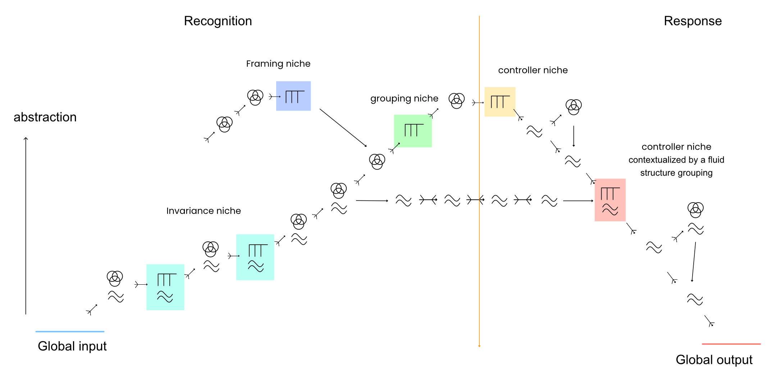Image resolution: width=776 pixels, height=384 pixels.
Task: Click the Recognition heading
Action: pyautogui.click(x=218, y=21)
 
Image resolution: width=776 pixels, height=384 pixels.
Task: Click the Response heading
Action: pyautogui.click(x=693, y=21)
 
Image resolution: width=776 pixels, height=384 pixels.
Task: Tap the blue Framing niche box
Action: pyautogui.click(x=293, y=96)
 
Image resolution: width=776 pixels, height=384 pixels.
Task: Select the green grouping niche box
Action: pyautogui.click(x=413, y=131)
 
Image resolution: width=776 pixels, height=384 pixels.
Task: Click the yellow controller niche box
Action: pyautogui.click(x=500, y=101)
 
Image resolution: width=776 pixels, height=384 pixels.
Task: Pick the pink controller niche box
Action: pyautogui.click(x=610, y=200)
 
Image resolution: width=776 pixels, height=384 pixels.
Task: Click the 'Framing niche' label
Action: pyautogui.click(x=278, y=64)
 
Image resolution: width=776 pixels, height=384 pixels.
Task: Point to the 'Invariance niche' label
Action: pyautogui.click(x=204, y=211)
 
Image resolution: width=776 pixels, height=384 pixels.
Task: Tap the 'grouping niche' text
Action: pyautogui.click(x=404, y=99)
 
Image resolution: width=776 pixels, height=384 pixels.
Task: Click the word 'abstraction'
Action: pyautogui.click(x=45, y=117)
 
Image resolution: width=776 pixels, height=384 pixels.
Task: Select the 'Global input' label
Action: pyautogui.click(x=72, y=346)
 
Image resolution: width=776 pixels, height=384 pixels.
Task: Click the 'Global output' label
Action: pyautogui.click(x=714, y=360)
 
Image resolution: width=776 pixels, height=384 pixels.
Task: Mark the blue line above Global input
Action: pyautogui.click(x=70, y=331)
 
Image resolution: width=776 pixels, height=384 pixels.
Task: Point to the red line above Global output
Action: pyautogui.click(x=731, y=344)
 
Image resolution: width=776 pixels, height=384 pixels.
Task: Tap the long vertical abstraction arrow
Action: pyautogui.click(x=26, y=227)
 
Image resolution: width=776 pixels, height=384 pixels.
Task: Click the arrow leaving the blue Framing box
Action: pyautogui.click(x=343, y=127)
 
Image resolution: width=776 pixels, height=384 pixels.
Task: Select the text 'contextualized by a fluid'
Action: pyautogui.click(x=676, y=160)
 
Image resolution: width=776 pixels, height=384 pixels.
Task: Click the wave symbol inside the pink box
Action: pyautogui.click(x=610, y=209)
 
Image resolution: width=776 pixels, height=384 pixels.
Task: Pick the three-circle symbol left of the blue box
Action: pyautogui.click(x=255, y=97)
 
